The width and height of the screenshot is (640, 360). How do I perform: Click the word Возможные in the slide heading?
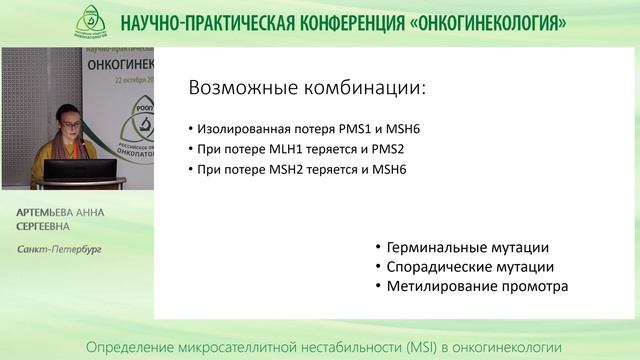tap(238, 89)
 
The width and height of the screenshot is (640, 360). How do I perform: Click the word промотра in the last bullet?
tap(531, 286)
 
